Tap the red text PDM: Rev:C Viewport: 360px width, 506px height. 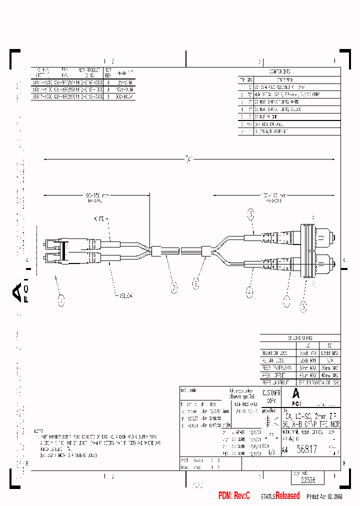tap(234, 495)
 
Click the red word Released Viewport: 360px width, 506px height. tap(287, 495)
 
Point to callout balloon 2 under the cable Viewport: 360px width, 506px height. tap(174, 287)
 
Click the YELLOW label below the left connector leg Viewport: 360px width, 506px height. tap(126, 295)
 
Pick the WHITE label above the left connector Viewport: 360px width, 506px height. tap(100, 219)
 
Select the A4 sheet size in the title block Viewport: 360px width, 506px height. tap(284, 450)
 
